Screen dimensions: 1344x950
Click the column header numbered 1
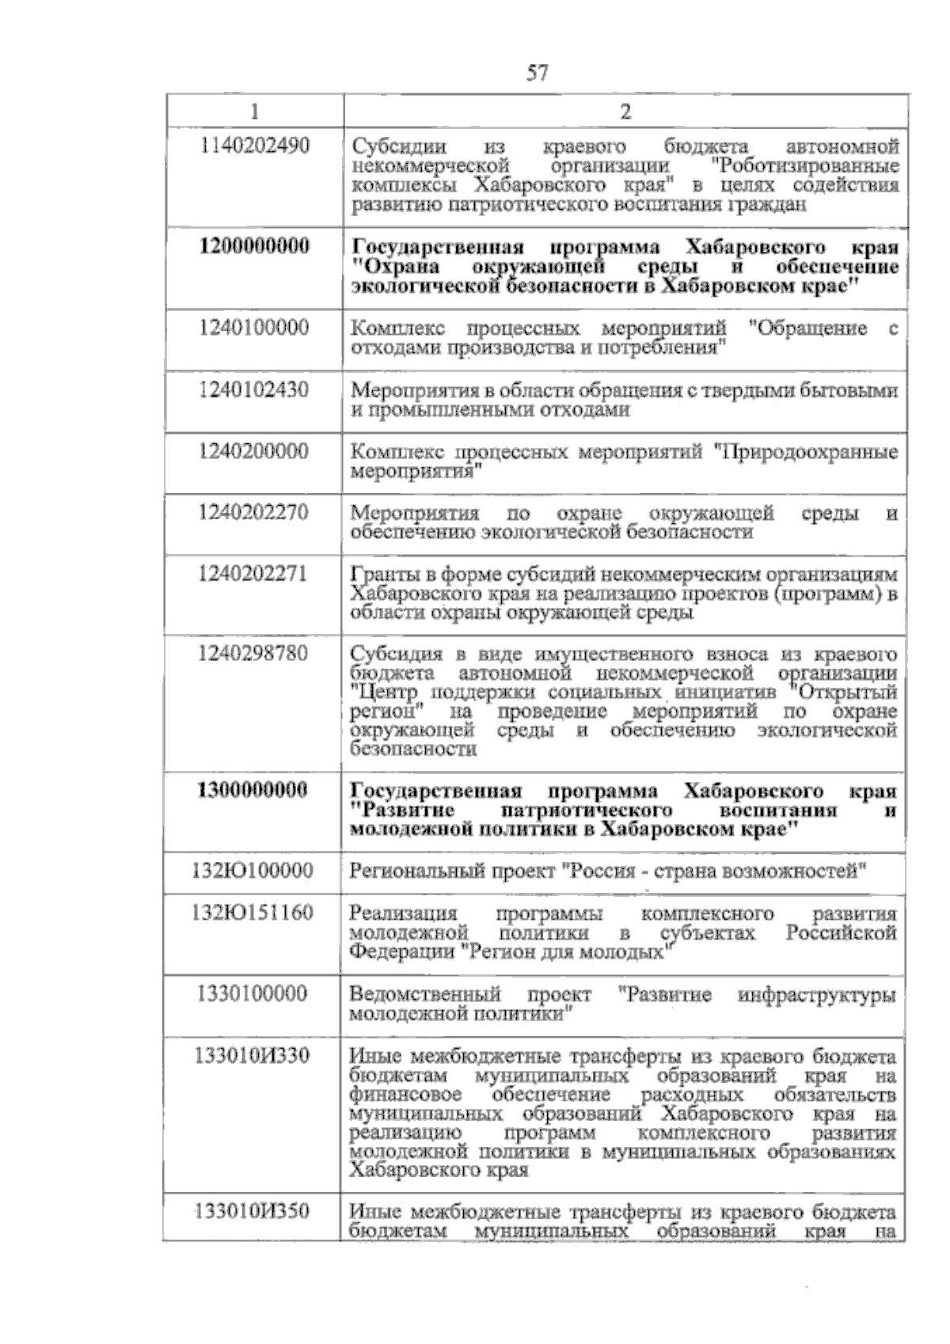(254, 112)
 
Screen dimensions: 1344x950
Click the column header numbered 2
(625, 112)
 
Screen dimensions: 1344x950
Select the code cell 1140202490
(254, 146)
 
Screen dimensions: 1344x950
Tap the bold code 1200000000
(254, 246)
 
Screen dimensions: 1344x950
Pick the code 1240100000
(254, 328)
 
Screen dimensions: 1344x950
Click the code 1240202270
(254, 513)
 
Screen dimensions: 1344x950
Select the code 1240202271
(254, 574)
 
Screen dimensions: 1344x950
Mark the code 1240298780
(254, 654)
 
